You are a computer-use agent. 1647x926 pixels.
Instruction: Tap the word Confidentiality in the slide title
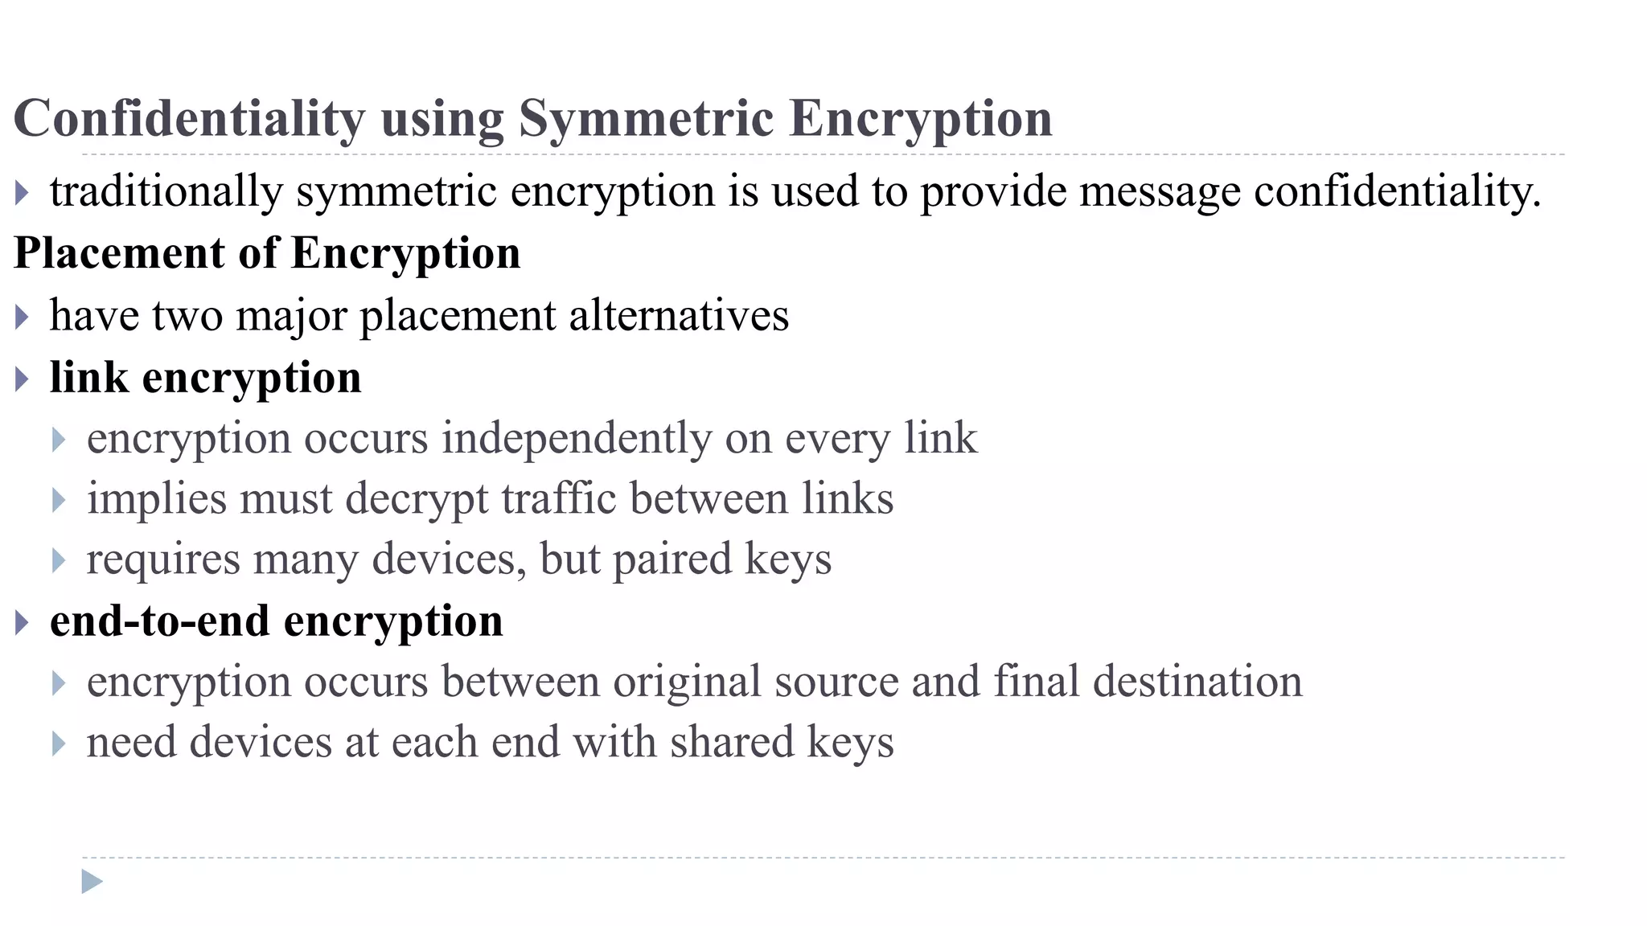tap(190, 119)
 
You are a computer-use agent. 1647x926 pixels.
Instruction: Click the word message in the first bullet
tap(1160, 191)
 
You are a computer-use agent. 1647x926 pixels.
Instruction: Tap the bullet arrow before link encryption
tap(22, 379)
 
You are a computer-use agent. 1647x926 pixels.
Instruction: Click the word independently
tap(577, 439)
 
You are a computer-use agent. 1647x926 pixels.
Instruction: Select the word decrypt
tap(416, 499)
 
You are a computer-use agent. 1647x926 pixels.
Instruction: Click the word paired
tap(672, 559)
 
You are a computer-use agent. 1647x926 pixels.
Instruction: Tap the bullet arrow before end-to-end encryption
tap(22, 622)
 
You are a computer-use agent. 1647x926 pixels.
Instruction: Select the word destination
tap(1197, 682)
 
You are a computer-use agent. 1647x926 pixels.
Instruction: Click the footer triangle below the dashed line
tap(92, 882)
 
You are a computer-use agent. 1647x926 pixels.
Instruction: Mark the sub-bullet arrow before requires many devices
tap(58, 560)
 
